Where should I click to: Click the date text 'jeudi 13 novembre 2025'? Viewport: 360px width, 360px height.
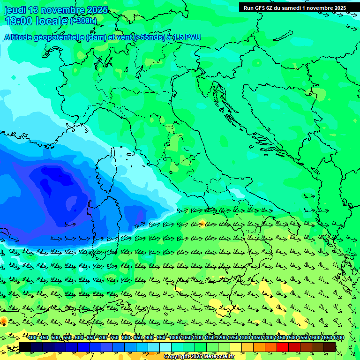[x=56, y=10]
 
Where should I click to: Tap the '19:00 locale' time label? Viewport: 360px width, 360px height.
[x=36, y=21]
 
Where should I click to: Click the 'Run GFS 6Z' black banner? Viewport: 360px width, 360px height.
[x=295, y=8]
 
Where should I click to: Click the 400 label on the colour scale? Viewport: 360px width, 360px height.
[x=32, y=338]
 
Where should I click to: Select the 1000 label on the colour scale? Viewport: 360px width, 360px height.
[x=174, y=338]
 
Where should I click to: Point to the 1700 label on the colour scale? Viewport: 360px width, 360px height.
[x=338, y=338]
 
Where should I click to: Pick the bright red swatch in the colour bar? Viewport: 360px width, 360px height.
[x=283, y=347]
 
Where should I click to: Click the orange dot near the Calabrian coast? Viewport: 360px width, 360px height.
[x=202, y=223]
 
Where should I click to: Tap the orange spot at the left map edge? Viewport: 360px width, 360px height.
[x=3, y=321]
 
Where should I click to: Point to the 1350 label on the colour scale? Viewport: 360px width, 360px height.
[x=256, y=338]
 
